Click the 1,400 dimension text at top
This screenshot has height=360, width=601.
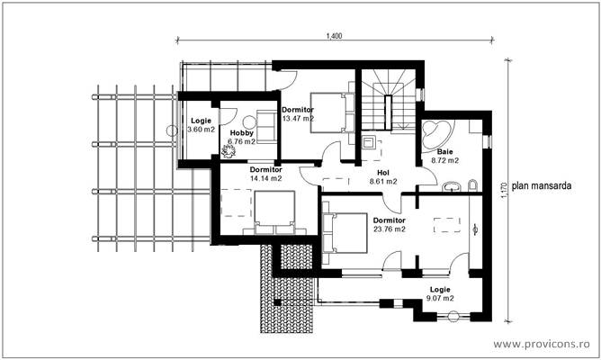point(335,35)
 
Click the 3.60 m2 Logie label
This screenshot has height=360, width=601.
point(200,125)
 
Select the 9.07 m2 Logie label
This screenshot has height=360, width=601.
point(441,294)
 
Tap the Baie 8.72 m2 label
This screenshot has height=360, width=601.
point(447,157)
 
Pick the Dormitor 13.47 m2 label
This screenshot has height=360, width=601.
point(297,113)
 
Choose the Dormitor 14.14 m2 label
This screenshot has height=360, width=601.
point(265,174)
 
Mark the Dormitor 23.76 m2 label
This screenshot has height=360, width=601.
point(388,225)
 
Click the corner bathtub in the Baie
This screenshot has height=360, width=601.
point(439,132)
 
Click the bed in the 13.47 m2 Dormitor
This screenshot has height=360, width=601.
point(327,112)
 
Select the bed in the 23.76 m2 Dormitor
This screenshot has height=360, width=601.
point(345,236)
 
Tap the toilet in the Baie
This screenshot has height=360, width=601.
point(472,185)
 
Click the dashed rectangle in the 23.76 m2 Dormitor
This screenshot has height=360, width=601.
point(445,227)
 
